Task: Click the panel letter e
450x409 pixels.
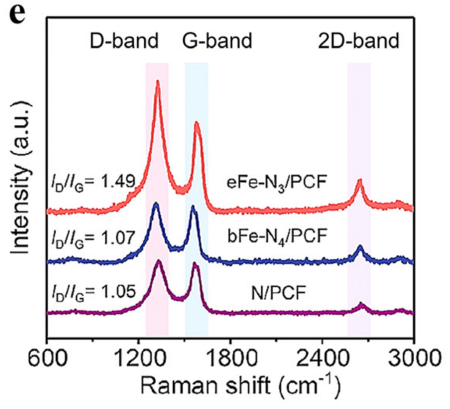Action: click(17, 13)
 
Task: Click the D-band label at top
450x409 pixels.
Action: click(124, 42)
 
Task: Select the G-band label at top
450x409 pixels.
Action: click(218, 42)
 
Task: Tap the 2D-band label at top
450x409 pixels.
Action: click(359, 42)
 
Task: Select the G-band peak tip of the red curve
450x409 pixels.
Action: click(197, 122)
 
